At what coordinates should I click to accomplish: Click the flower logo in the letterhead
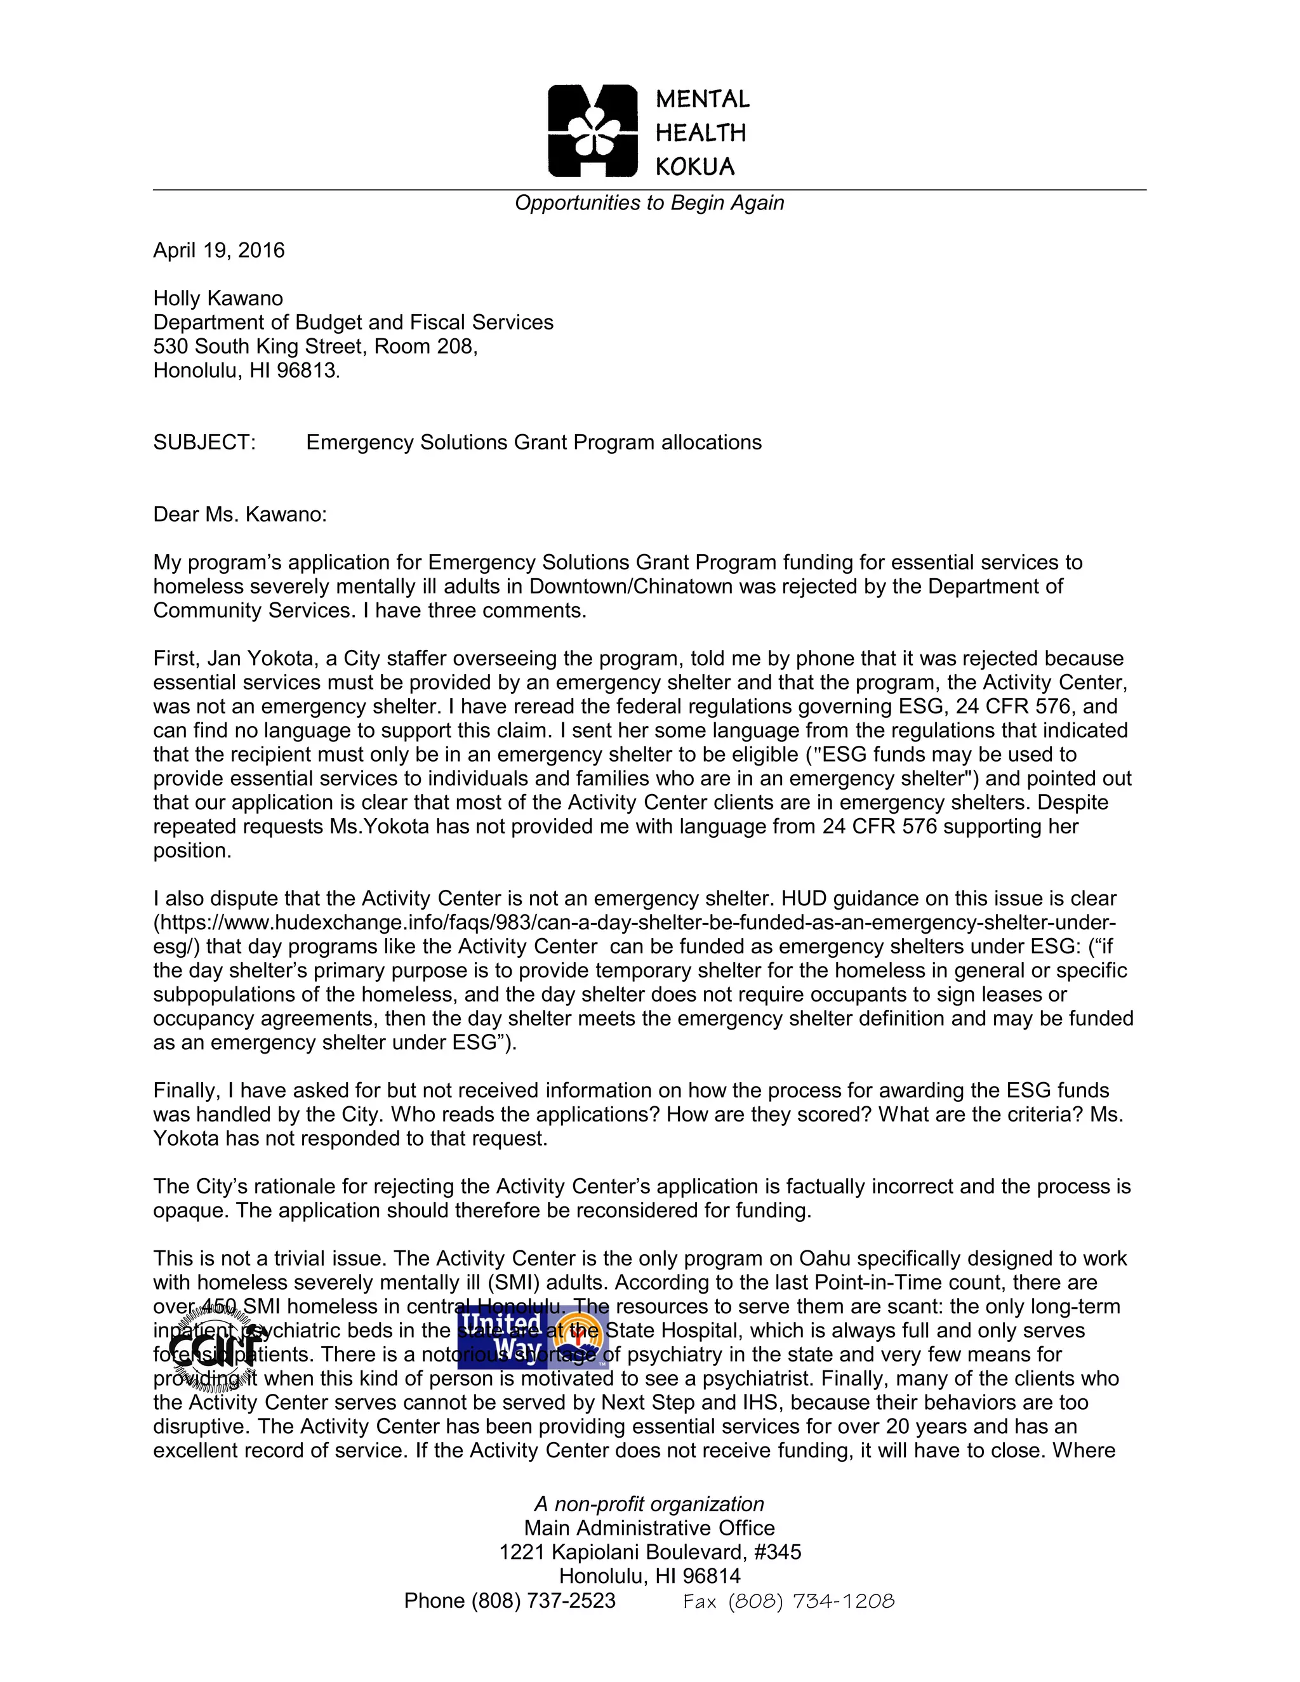[x=593, y=131]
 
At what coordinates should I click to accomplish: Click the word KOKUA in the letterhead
[x=694, y=166]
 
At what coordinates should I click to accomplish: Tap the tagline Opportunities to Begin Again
[x=649, y=203]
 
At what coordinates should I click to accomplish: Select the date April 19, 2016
[x=219, y=250]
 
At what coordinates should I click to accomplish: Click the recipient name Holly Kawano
[x=218, y=298]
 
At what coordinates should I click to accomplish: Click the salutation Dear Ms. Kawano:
[x=239, y=515]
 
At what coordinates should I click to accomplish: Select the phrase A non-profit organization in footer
[x=649, y=1504]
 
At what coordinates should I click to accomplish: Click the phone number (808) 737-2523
[x=543, y=1601]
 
